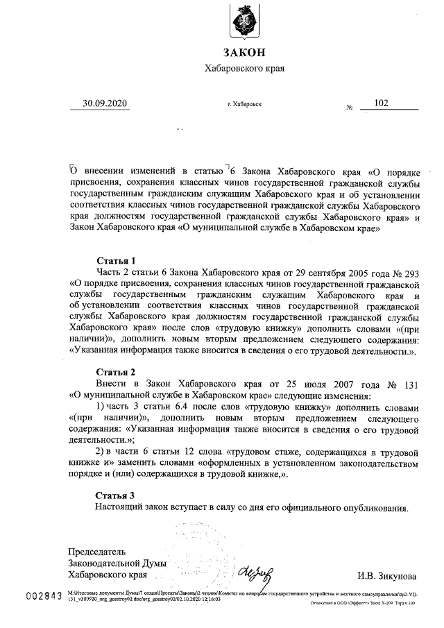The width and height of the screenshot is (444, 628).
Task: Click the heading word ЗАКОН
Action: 244,53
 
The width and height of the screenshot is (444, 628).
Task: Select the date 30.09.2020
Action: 105,103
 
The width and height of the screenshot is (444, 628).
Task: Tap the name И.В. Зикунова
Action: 386,575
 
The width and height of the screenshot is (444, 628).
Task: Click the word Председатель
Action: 97,552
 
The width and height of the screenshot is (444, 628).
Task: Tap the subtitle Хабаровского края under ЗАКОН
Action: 244,69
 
